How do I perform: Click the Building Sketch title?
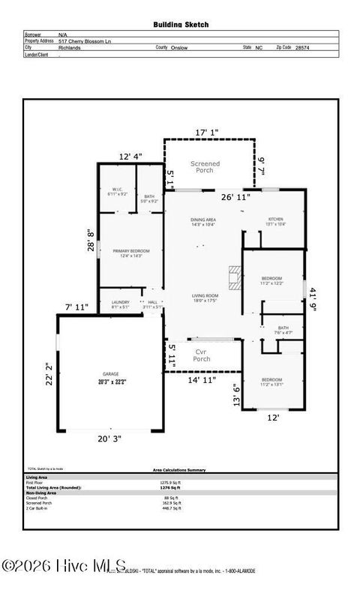coord(181,25)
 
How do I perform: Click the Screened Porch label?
coord(205,166)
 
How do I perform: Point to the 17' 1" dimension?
coord(207,133)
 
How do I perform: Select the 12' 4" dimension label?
coord(130,156)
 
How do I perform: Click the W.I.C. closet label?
coord(118,191)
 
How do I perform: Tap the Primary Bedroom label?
coord(131,253)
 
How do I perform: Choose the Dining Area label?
coord(202,221)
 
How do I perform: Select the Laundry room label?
coord(120,304)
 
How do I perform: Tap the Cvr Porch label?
coord(202,355)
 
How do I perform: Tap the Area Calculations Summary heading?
coord(180,470)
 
